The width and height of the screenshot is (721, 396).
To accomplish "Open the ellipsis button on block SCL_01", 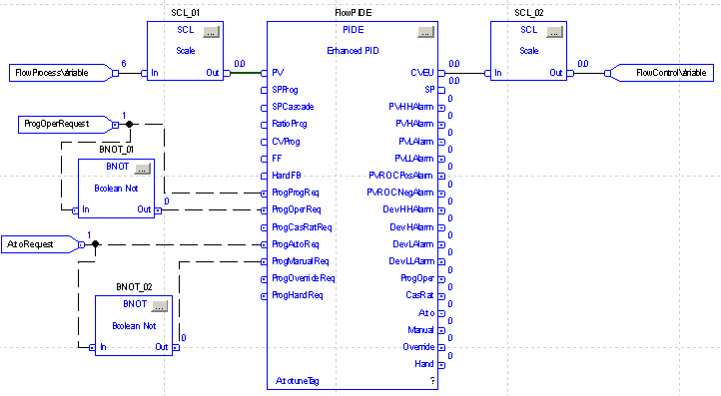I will pyautogui.click(x=211, y=33).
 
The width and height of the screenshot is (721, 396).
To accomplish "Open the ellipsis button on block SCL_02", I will pyautogui.click(x=553, y=33).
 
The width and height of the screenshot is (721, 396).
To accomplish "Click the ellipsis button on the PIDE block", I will pyautogui.click(x=425, y=33).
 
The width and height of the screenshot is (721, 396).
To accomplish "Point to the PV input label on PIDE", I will pyautogui.click(x=278, y=72).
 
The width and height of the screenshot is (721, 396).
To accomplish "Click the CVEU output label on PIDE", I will pyautogui.click(x=421, y=72).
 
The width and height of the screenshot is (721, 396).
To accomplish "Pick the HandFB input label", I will pyautogui.click(x=287, y=177).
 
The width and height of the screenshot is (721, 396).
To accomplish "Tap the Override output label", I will pyautogui.click(x=417, y=347).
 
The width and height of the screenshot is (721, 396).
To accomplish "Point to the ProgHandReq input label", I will pyautogui.click(x=298, y=295).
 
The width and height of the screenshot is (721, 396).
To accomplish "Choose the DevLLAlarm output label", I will pyautogui.click(x=411, y=260).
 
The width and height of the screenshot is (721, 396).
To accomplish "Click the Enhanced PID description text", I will pyautogui.click(x=354, y=49).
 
